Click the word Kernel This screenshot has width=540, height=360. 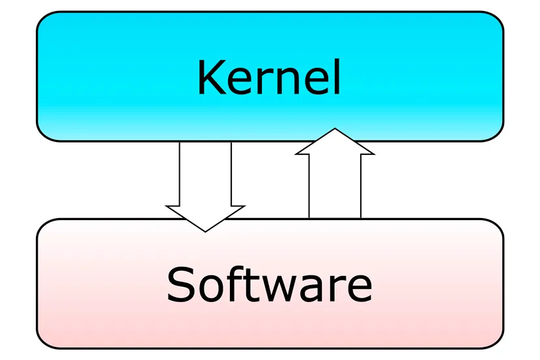pos(269,77)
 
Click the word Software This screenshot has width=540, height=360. pos(270,284)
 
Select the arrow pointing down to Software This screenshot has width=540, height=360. pos(205,187)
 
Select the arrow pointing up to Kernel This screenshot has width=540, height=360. pos(335,173)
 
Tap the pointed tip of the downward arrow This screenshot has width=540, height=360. pos(205,232)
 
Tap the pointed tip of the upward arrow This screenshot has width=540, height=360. pos(335,129)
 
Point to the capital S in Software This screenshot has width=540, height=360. pos(182,285)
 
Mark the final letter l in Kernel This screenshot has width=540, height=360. pos(338,77)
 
